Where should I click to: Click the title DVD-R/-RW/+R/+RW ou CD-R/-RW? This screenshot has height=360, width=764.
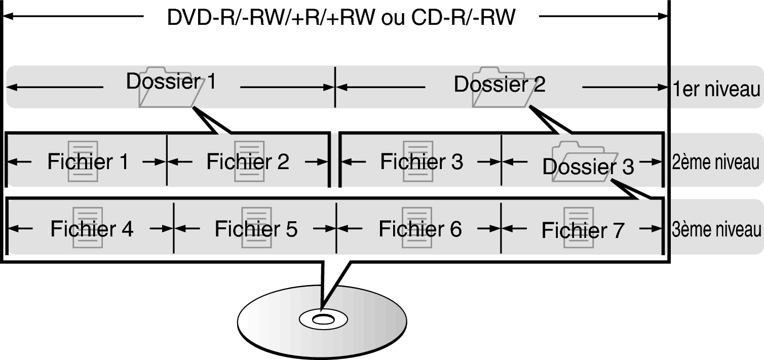341,18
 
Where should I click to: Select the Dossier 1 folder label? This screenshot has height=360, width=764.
171,82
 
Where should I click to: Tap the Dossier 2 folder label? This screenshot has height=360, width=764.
500,84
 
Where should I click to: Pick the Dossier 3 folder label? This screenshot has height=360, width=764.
588,166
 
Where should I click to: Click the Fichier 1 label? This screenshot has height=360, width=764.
88,162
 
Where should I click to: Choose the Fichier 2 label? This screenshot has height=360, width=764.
248,162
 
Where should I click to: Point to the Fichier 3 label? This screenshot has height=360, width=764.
422,162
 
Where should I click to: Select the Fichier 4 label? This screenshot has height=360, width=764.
92,229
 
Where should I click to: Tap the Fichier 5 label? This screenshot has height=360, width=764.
256,229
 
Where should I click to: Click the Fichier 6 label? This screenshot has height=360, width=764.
420,229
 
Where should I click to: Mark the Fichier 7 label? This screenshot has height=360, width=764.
583,230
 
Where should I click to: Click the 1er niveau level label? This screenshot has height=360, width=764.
716,90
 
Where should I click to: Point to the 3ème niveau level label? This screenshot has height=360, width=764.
716,229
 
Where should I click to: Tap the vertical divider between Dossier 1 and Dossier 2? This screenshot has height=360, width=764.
335,87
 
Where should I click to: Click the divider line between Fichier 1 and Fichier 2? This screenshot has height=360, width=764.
167,161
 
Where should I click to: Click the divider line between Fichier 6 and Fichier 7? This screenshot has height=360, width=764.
501,228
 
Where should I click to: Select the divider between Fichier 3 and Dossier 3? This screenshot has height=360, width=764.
501,161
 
